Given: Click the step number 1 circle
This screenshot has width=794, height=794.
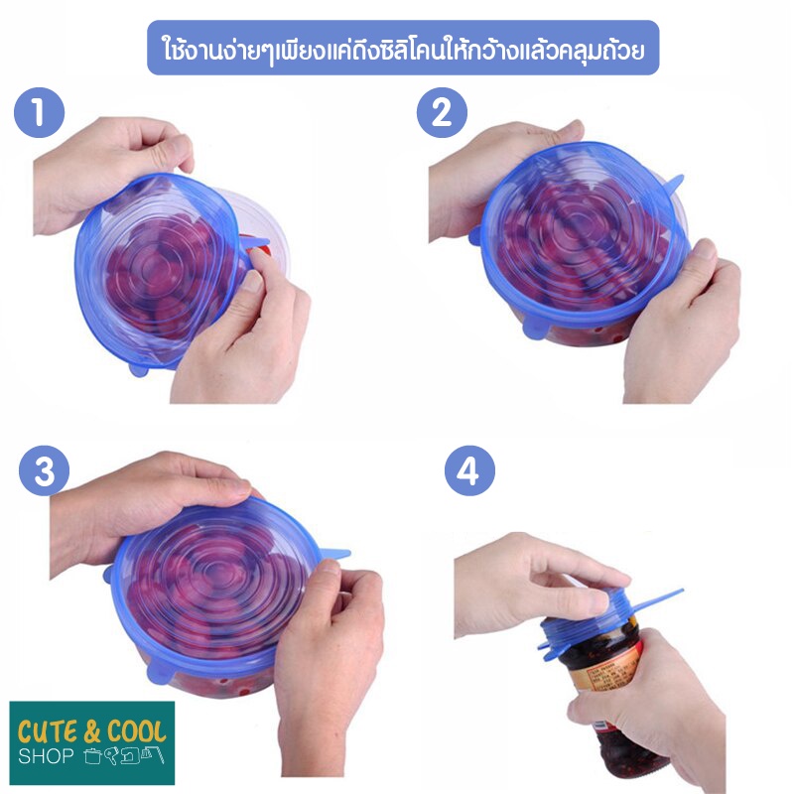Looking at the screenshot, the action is pyautogui.click(x=40, y=112).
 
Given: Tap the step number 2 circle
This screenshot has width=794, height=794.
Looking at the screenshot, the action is pyautogui.click(x=442, y=112).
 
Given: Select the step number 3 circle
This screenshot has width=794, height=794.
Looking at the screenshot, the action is pyautogui.click(x=44, y=470).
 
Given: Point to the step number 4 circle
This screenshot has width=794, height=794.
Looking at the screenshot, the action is pyautogui.click(x=469, y=470).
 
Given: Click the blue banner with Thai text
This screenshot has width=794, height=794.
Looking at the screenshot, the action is pyautogui.click(x=403, y=48).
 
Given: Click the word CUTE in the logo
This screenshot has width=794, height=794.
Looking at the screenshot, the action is pyautogui.click(x=48, y=732).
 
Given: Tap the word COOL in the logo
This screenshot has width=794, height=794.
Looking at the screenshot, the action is pyautogui.click(x=137, y=731).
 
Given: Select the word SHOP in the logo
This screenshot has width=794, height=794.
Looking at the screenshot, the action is pyautogui.click(x=46, y=756).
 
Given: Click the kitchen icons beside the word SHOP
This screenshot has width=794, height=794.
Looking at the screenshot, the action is pyautogui.click(x=123, y=755).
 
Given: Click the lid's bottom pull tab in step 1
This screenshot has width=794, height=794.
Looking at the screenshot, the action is pyautogui.click(x=138, y=368).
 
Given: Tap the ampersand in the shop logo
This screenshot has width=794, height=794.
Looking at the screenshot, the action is pyautogui.click(x=92, y=732).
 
